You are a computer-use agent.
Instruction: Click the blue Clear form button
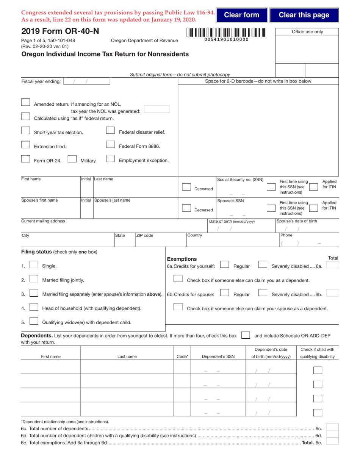click(242, 15)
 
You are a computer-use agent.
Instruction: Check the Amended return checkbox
click(25, 102)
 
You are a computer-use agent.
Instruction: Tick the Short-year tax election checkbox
click(25, 131)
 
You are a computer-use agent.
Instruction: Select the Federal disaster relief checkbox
click(110, 131)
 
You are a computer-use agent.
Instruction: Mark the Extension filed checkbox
click(25, 145)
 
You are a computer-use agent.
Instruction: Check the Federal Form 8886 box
click(110, 145)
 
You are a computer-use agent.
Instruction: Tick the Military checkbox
click(72, 159)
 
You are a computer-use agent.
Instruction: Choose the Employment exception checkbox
click(110, 159)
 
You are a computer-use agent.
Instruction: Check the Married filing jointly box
click(34, 279)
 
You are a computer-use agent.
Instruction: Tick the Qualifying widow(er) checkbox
click(34, 322)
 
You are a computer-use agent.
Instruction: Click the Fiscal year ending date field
click(87, 81)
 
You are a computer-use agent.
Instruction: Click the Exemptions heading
click(182, 259)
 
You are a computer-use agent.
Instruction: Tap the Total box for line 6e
click(332, 441)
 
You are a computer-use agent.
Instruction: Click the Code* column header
click(182, 357)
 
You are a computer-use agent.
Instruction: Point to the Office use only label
click(307, 32)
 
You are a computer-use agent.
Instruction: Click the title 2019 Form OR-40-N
click(58, 31)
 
